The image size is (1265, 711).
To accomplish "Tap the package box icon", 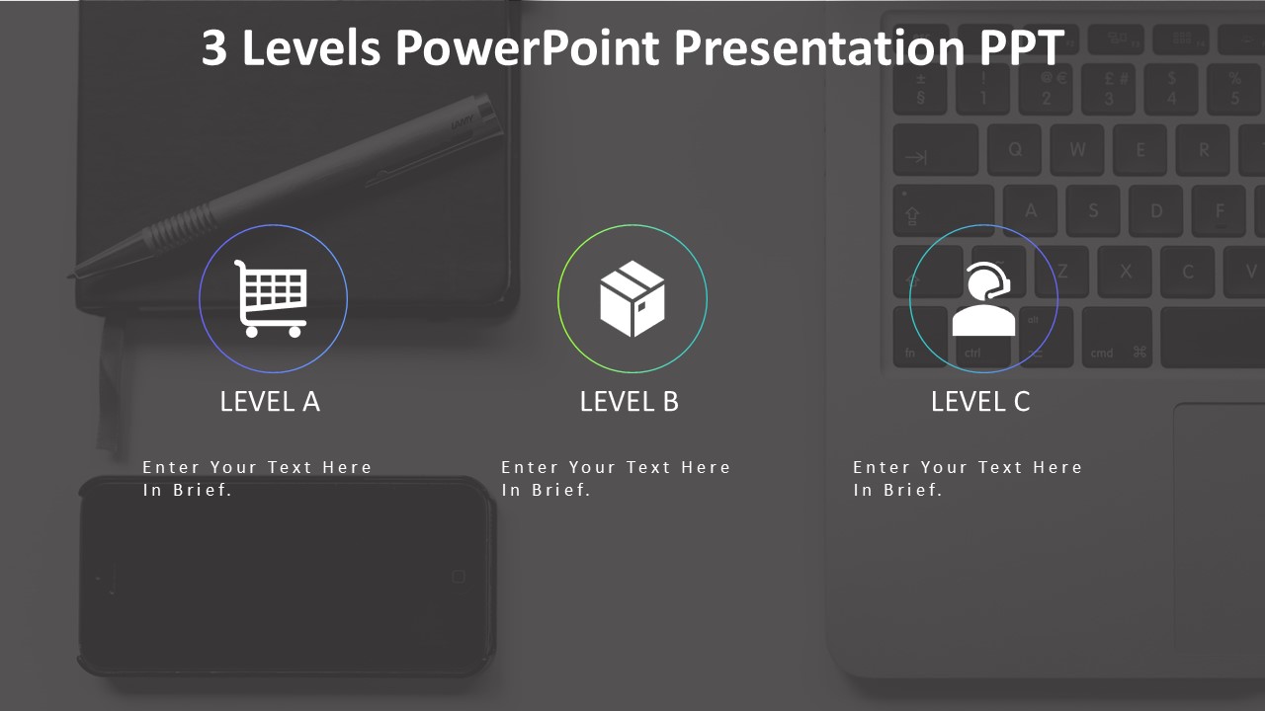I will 632,297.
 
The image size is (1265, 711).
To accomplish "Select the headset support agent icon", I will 983,299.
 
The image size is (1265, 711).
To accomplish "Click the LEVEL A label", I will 270,401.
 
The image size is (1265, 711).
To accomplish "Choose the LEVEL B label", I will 630,401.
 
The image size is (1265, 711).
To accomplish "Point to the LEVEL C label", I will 980,401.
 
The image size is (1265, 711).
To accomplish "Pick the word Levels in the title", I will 310,47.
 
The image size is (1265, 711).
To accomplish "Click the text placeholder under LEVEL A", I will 257,478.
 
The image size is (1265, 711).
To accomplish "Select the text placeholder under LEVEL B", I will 616,478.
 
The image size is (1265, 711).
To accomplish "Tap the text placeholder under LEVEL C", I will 968,478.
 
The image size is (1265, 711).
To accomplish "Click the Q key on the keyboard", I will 1015,151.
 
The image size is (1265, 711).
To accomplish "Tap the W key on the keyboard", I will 1077,151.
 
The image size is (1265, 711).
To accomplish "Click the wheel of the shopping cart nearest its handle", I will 252,332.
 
